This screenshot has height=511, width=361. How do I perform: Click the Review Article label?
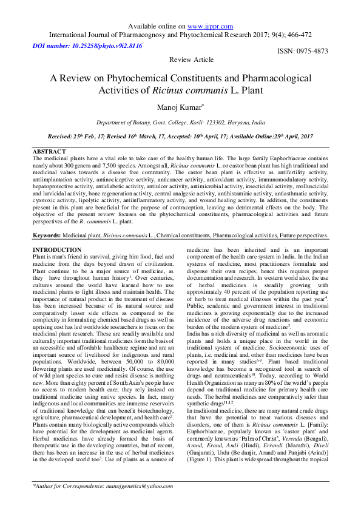pyautogui.click(x=191, y=59)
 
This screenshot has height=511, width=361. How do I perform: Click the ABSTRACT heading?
pyautogui.click(x=49, y=151)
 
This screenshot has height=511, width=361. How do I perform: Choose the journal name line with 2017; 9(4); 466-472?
pyautogui.click(x=180, y=36)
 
